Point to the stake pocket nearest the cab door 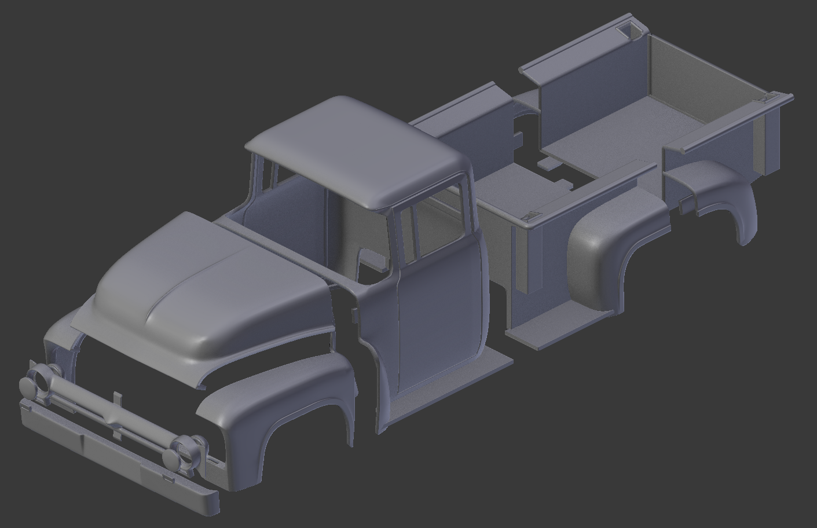529,217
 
